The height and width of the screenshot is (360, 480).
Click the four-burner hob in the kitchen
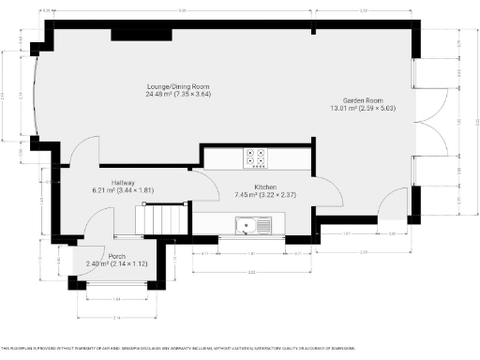pyautogui.click(x=256, y=158)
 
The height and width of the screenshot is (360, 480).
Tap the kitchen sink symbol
pyautogui.click(x=254, y=225)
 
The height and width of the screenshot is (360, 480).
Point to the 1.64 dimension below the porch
pyautogui.click(x=117, y=298)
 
